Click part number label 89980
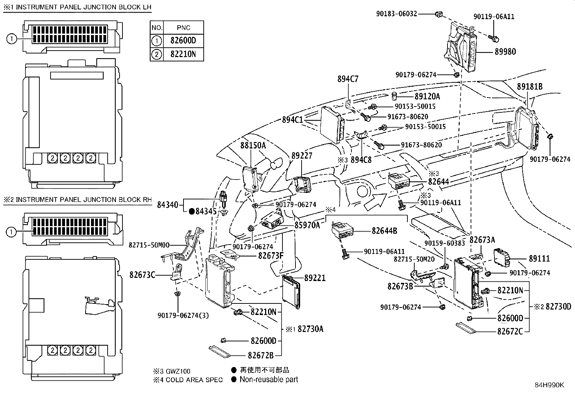click(505, 52)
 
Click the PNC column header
click(183, 27)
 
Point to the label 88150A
click(253, 145)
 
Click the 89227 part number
click(302, 155)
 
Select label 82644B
click(384, 231)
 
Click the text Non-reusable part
click(269, 379)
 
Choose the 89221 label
click(315, 278)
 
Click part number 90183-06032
click(397, 14)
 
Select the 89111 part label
click(539, 259)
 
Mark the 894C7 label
click(348, 79)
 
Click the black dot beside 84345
click(192, 211)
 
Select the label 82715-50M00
click(149, 245)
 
